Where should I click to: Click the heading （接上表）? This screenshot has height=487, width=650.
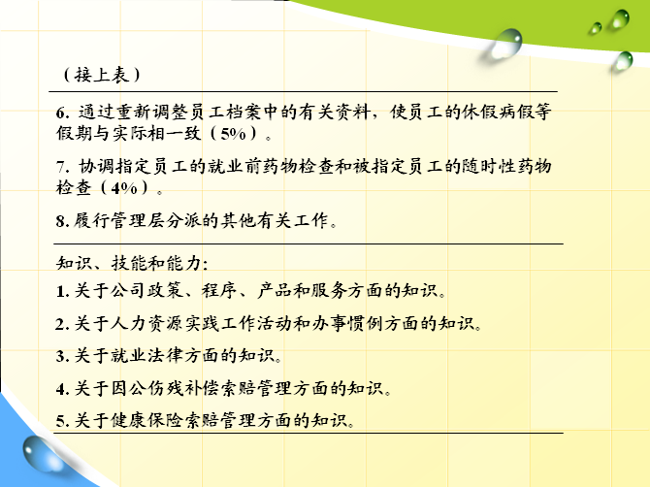102,75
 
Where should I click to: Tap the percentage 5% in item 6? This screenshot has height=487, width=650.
234,134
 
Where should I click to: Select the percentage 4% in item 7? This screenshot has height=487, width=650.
124,188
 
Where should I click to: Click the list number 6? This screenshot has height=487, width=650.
63,113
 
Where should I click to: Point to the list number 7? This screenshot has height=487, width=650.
63,167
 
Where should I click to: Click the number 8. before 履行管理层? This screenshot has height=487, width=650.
63,221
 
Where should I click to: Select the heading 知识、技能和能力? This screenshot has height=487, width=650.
132,263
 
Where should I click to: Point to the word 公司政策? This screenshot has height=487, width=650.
146,290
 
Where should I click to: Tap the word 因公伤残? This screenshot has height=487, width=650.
146,388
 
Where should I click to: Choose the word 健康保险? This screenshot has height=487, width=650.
146,421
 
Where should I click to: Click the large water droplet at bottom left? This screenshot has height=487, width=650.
41,454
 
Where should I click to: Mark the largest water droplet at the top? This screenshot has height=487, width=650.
504,44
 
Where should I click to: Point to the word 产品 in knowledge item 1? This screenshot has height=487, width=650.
275,290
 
